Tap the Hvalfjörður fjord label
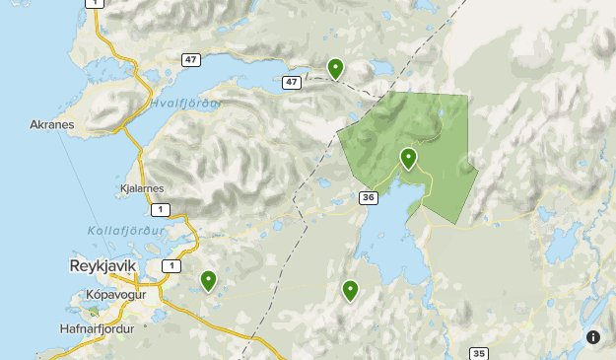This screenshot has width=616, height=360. [x=185, y=103]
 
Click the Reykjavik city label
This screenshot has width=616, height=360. [x=103, y=266]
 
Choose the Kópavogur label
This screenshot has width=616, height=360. [x=115, y=295]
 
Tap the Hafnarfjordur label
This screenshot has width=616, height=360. [x=97, y=329]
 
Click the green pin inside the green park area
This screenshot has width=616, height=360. [x=408, y=158]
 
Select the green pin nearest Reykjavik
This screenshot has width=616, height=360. [x=208, y=281]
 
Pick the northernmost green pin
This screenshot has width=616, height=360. [x=335, y=68]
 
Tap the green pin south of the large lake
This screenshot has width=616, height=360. [x=350, y=290]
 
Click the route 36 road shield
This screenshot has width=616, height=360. [x=369, y=198]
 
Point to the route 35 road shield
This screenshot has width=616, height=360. [x=479, y=353]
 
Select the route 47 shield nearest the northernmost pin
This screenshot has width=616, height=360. [x=291, y=82]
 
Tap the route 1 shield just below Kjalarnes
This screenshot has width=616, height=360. [x=159, y=209]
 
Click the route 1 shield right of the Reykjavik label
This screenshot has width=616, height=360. [x=173, y=266]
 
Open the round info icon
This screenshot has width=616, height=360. [x=593, y=337]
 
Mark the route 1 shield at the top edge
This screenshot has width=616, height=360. [x=94, y=3]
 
